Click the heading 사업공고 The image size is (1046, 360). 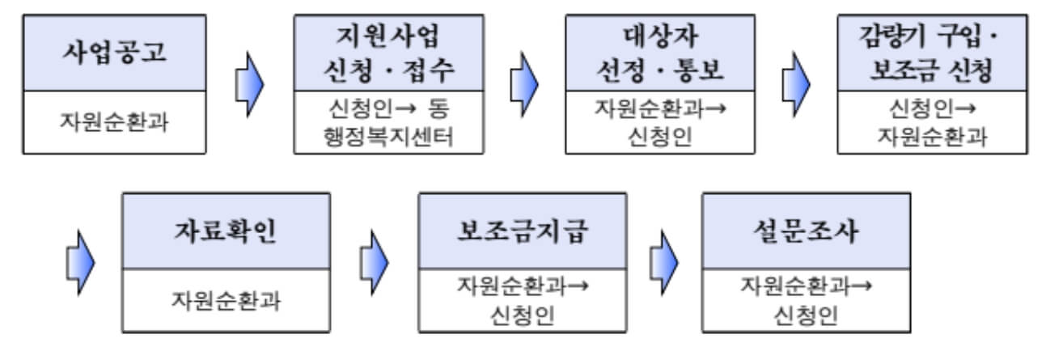(x=114, y=53)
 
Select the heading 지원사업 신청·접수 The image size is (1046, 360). (x=388, y=53)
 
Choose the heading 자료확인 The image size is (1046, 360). (x=226, y=232)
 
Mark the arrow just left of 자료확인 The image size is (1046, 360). (x=78, y=263)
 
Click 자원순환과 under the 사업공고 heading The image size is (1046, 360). (x=114, y=122)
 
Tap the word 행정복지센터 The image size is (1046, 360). (x=388, y=136)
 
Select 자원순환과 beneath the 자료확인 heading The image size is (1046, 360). (x=226, y=300)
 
